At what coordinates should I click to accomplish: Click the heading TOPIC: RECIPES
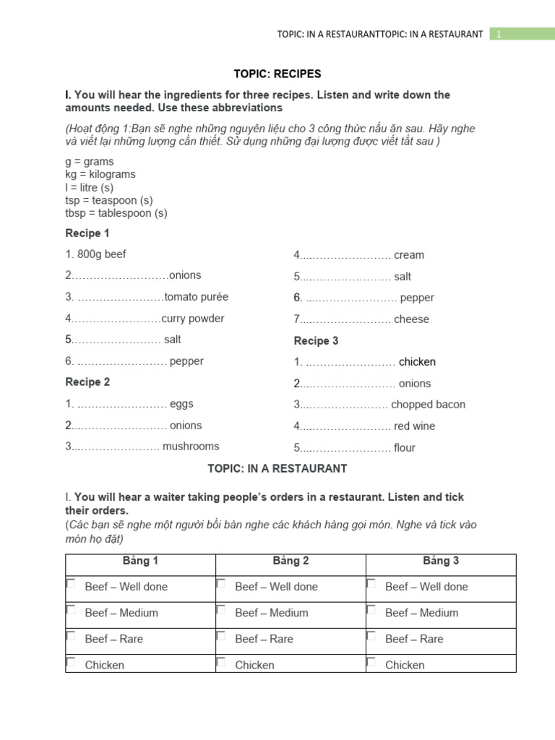277,74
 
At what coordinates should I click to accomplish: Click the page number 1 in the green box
497,34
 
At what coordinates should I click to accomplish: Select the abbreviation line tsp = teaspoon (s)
108,200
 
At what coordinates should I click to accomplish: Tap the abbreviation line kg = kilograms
100,174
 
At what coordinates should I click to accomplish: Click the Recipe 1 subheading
87,233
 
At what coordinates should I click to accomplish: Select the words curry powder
193,319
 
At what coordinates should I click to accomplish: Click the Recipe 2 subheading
87,382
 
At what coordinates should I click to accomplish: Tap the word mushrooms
191,447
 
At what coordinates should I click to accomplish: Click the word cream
409,255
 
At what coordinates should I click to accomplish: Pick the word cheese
411,319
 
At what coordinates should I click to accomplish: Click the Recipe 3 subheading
316,341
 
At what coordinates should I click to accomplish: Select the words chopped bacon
428,405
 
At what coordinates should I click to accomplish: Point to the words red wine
414,426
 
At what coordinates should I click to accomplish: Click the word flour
405,448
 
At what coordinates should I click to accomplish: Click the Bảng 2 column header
291,561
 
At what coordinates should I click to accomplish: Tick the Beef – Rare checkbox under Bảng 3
371,636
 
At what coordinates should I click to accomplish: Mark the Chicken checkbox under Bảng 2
221,662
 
